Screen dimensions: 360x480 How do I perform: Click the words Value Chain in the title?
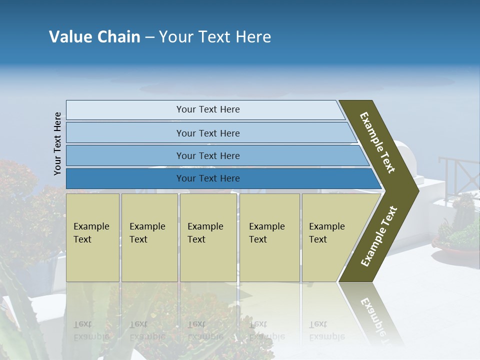pos(94,37)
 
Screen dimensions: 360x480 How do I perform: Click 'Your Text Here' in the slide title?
pos(215,37)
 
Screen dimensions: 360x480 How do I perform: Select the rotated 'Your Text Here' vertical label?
pos(57,143)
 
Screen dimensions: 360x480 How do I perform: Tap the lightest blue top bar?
pos(207,109)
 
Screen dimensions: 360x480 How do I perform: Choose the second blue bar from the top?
pos(207,133)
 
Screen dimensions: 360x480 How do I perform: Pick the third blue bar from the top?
pos(207,155)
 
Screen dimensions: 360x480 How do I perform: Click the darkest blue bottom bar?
pos(207,178)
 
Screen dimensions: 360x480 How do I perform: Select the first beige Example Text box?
pos(92,237)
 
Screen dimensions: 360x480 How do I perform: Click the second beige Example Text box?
pos(149,237)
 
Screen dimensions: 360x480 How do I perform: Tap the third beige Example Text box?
pos(208,237)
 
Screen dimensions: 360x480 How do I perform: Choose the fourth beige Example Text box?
pos(269,237)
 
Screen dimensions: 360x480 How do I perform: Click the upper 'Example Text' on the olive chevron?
pos(377,142)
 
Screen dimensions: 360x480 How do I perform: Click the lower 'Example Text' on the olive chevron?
pos(378,236)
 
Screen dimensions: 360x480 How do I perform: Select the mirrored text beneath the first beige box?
pos(91,330)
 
